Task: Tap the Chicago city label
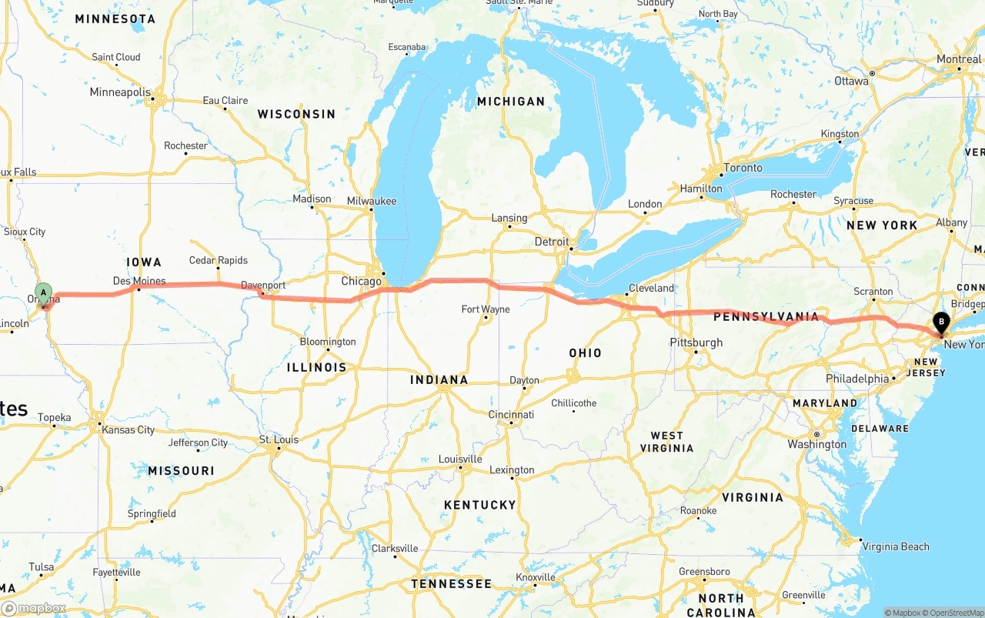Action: coord(361,281)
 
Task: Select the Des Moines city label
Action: coord(139,281)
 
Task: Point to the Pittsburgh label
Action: coord(696,342)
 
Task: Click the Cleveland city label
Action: coord(651,288)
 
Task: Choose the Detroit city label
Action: coord(552,242)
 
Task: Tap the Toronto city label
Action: coord(743,168)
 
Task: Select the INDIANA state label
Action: coord(439,379)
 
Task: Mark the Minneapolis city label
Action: coord(120,92)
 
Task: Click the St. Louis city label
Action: coord(279,439)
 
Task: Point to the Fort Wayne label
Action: coord(485,309)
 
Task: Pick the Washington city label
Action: coord(816,444)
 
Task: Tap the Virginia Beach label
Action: coord(896,546)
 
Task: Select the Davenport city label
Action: coord(263,285)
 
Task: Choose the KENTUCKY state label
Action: coord(479,505)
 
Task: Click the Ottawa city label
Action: coord(851,81)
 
